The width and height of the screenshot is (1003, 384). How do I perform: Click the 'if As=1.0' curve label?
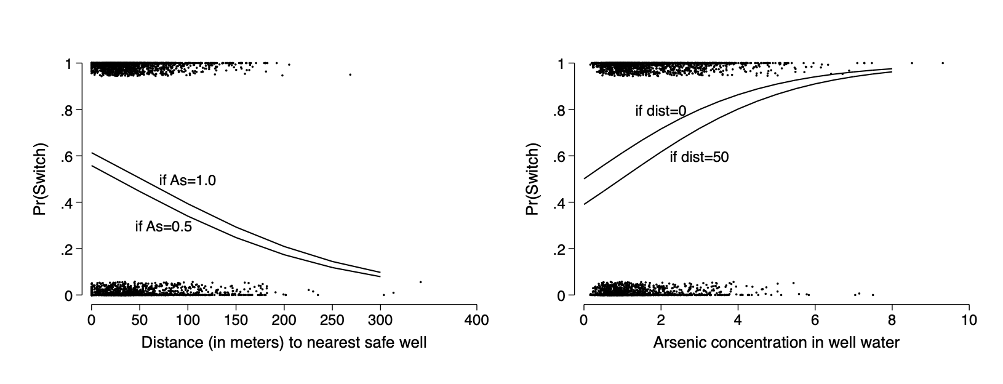(x=188, y=181)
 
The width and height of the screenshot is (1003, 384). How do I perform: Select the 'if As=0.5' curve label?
(x=163, y=227)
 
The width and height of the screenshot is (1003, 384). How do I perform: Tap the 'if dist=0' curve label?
(x=660, y=111)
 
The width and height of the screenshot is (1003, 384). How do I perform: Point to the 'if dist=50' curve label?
(x=699, y=158)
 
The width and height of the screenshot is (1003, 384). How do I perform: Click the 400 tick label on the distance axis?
(x=476, y=320)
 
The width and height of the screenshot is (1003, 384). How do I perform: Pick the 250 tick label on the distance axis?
(x=332, y=320)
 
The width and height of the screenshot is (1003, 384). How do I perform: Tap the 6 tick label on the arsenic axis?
(x=815, y=320)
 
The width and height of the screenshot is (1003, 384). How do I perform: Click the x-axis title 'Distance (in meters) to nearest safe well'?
(x=284, y=343)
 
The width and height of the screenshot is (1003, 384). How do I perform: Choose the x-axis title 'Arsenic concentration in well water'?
(x=776, y=343)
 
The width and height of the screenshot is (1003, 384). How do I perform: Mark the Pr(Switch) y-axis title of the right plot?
(x=533, y=180)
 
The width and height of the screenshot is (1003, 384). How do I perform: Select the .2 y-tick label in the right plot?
(x=561, y=249)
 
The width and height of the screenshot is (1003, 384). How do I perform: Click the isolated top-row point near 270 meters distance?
(x=350, y=74)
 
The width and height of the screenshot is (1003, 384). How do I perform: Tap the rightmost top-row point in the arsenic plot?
(x=943, y=63)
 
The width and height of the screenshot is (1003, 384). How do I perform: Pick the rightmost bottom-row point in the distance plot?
(x=420, y=282)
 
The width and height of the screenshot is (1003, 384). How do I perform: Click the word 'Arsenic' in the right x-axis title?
(x=676, y=343)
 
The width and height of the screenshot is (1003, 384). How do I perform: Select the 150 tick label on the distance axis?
(x=236, y=320)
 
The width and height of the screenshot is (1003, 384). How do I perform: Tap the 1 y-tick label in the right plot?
(x=562, y=64)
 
